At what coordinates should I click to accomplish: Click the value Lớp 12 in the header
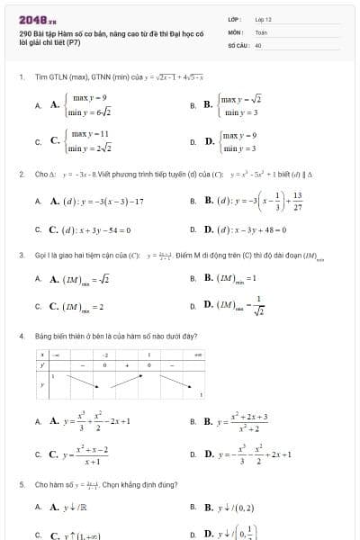pos(263,19)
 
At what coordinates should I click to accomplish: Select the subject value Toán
pos(261,31)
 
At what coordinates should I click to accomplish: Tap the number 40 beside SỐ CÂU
pos(257,43)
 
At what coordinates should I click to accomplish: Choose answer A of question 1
pos(82,104)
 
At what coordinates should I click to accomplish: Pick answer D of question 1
pos(237,141)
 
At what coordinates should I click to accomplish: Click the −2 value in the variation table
pos(105,355)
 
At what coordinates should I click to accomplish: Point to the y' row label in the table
pos(42,365)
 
